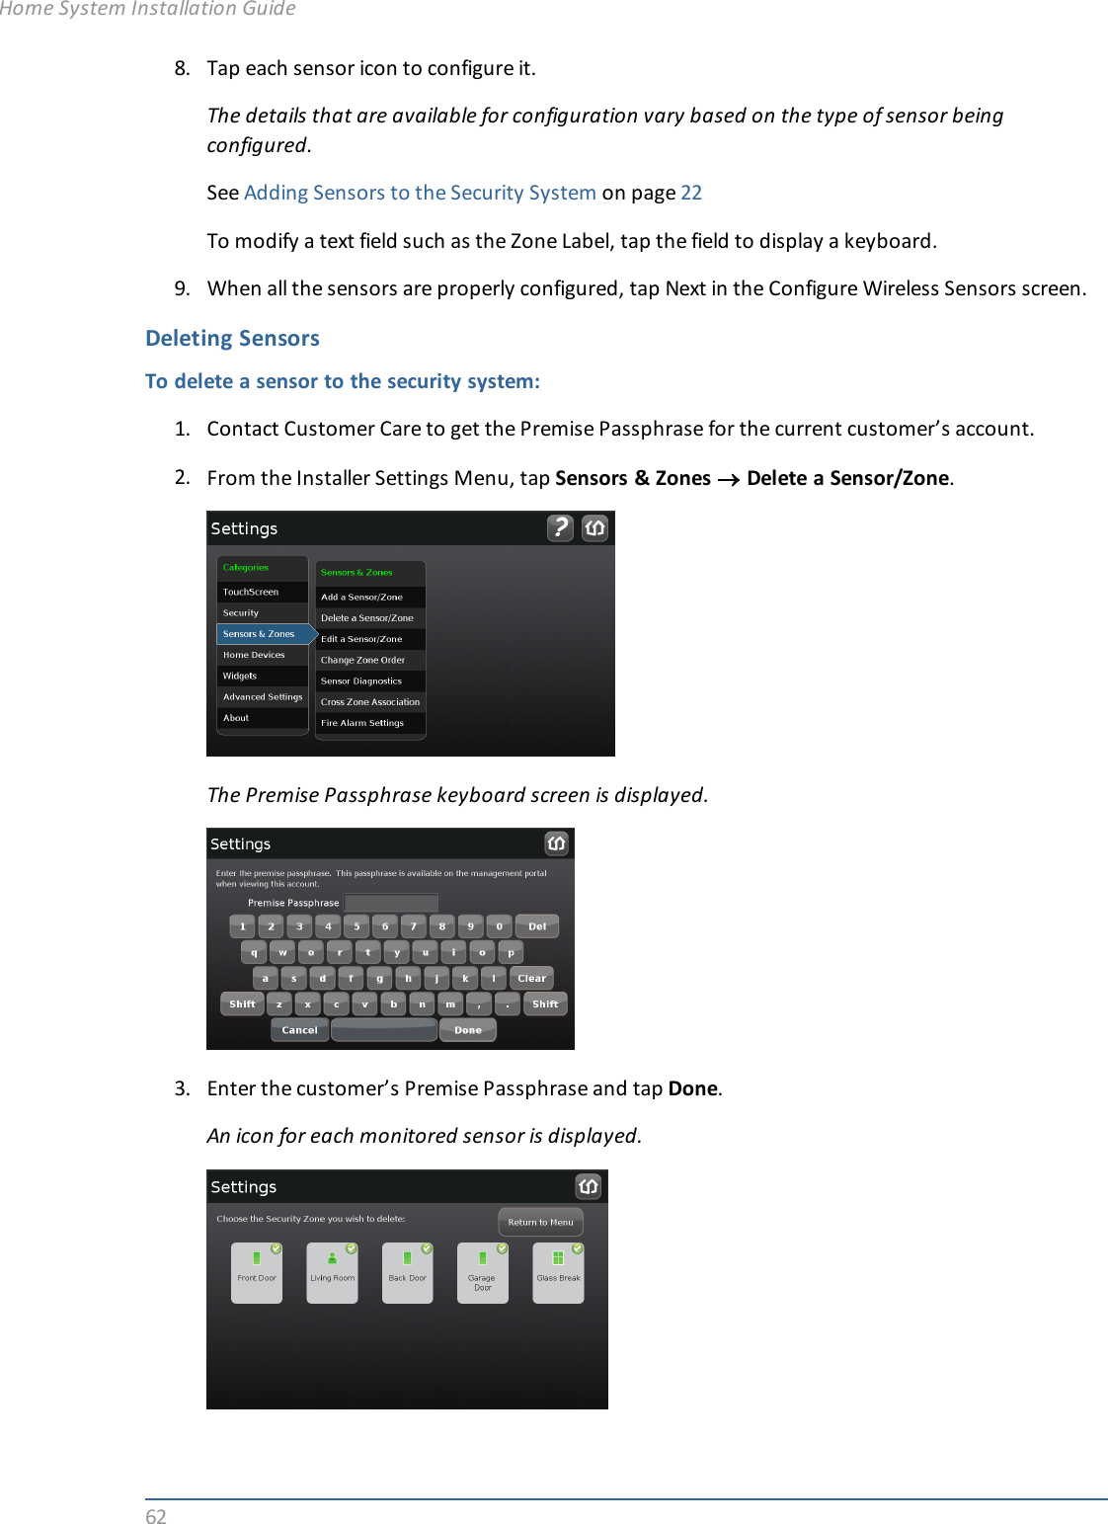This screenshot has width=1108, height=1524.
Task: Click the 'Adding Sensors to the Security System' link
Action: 420,193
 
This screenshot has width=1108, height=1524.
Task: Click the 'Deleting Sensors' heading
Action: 232,338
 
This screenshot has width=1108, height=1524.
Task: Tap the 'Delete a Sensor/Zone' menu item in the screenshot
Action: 367,618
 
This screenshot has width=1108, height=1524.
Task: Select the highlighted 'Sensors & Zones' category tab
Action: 261,634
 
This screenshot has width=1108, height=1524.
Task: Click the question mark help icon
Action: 560,528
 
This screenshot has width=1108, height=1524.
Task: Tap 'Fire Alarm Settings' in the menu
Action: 363,723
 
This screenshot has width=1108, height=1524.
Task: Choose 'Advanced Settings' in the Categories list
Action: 263,697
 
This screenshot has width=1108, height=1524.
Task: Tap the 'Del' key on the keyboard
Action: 537,926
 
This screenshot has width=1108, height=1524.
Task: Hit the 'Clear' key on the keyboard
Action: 531,979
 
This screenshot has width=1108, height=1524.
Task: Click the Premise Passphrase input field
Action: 391,903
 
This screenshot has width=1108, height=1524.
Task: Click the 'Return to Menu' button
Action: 540,1222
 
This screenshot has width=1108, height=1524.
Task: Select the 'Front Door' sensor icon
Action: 257,1273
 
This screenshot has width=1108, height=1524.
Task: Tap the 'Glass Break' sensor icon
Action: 558,1273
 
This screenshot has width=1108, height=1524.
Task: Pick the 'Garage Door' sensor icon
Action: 483,1273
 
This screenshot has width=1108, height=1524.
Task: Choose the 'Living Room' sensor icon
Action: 332,1273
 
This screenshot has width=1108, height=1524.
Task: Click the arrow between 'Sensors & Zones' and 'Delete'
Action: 729,480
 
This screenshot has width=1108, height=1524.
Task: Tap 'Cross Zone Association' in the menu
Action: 370,702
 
